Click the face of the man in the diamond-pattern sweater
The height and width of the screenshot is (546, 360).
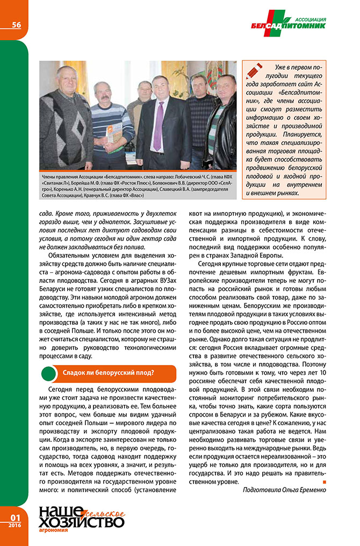pyautogui.click(x=66, y=81)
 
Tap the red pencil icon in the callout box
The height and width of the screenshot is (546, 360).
pyautogui.click(x=253, y=68)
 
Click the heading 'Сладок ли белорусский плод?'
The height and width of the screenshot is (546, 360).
pyautogui.click(x=108, y=372)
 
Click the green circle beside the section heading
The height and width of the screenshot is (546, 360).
pyautogui.click(x=49, y=372)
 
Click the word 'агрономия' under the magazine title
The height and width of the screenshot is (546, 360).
pyautogui.click(x=54, y=530)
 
